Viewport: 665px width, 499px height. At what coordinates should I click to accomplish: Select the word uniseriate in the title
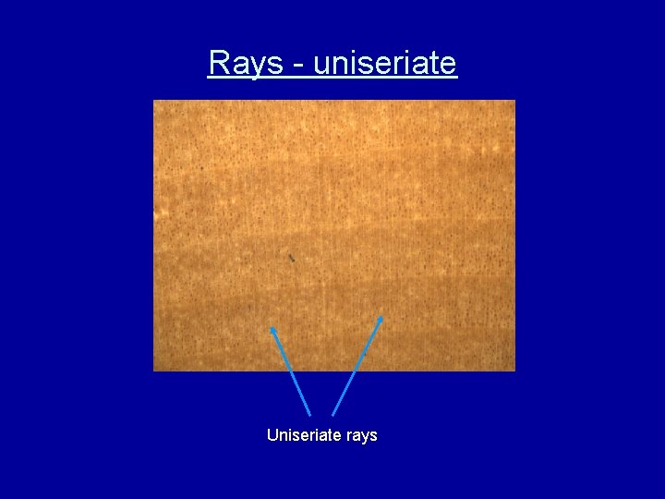tap(385, 63)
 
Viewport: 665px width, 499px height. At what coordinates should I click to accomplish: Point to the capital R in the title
tap(218, 63)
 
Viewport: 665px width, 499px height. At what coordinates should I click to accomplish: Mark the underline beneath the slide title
tap(332, 79)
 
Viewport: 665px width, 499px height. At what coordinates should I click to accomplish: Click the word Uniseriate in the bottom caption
tap(301, 434)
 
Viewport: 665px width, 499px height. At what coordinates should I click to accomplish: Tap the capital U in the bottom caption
tap(272, 434)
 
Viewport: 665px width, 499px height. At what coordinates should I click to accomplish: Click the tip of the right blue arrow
tap(381, 318)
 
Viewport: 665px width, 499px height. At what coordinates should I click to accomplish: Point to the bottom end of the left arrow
tap(310, 416)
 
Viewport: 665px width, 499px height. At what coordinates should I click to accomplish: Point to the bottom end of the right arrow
tap(332, 415)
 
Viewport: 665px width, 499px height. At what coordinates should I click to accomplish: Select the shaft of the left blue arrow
tap(291, 371)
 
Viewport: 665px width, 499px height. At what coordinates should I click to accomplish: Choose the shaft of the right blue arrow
tap(357, 367)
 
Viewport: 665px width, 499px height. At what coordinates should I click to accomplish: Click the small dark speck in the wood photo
tap(291, 257)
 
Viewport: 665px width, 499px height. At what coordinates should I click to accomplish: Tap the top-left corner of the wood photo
tap(153, 100)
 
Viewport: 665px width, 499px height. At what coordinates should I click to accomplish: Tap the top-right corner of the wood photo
tap(514, 100)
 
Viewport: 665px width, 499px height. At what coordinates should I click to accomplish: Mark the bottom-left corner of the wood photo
tap(153, 371)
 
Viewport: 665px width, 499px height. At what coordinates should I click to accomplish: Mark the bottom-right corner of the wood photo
tap(514, 371)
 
